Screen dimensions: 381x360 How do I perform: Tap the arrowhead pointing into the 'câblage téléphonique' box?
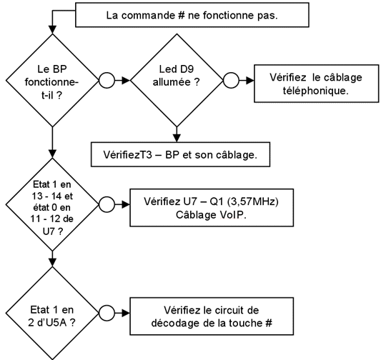tap(250, 80)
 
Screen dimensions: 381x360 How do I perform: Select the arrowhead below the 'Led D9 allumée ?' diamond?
tap(177, 138)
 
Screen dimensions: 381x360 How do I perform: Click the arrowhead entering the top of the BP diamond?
tap(52, 29)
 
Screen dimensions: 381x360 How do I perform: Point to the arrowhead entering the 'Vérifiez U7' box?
tap(126, 204)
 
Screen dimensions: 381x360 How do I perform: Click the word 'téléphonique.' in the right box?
tap(316, 91)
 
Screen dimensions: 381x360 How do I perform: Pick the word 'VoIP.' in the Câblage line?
tap(233, 215)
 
